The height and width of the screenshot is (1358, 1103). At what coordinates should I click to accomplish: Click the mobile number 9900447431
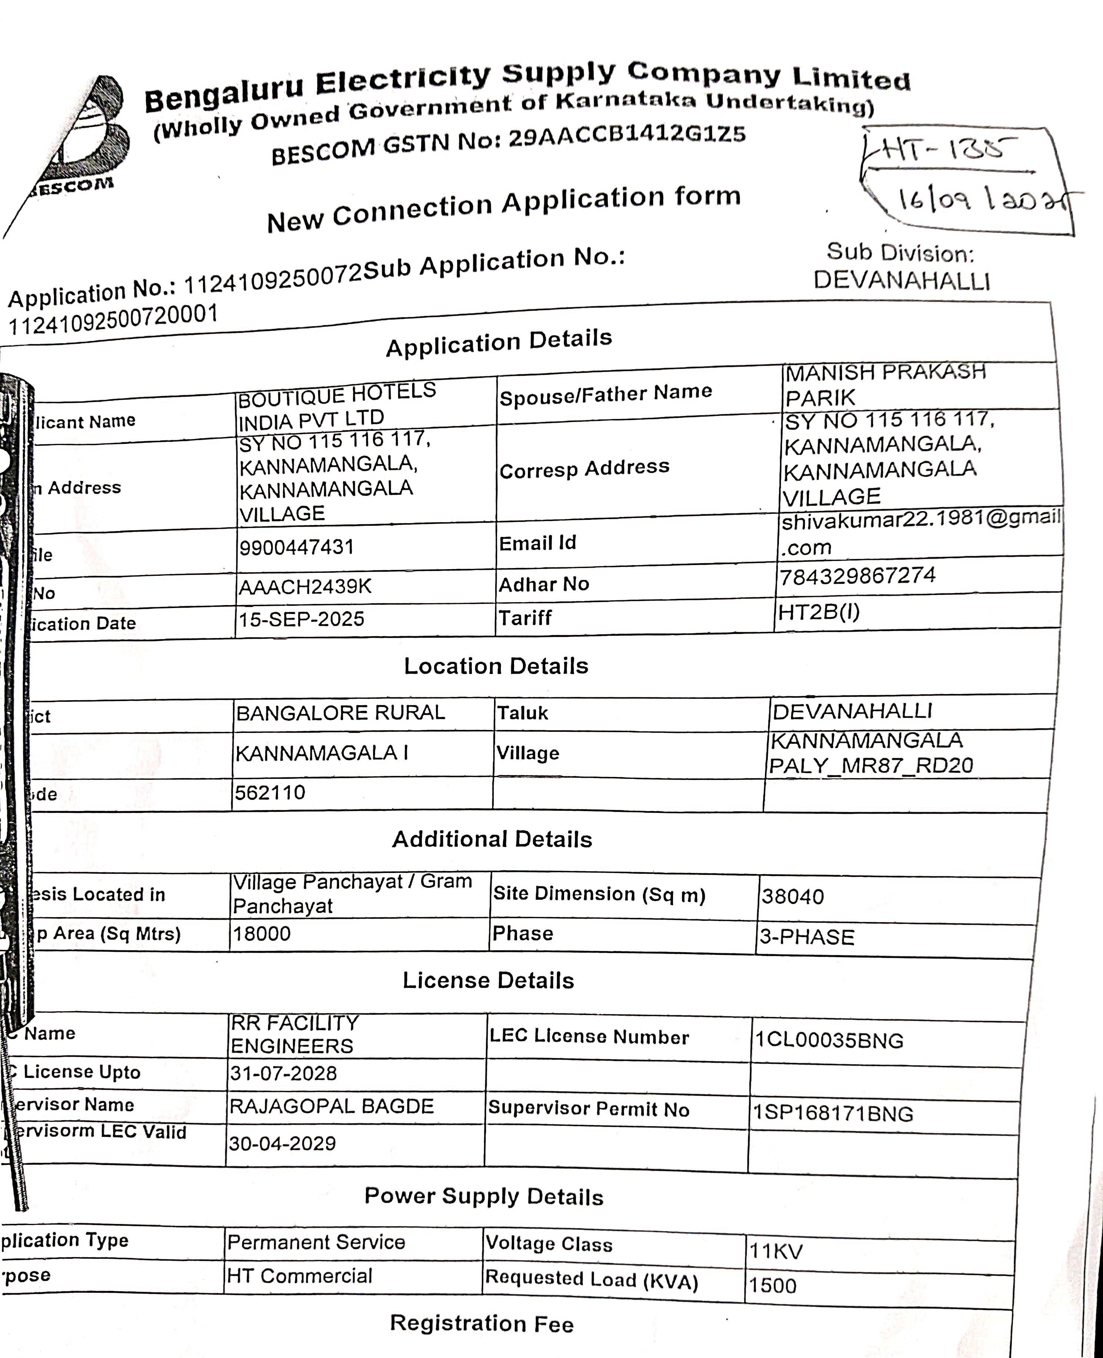296,547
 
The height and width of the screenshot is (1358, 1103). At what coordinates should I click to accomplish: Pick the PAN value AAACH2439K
305,586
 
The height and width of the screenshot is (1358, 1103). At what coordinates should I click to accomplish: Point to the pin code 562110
270,793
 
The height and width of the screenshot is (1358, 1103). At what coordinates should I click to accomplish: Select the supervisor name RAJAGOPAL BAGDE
331,1106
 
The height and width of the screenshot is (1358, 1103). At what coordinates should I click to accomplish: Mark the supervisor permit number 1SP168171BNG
833,1113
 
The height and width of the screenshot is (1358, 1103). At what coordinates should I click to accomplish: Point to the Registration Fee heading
481,1324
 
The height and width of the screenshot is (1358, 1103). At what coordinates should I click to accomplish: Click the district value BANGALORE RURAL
340,713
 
